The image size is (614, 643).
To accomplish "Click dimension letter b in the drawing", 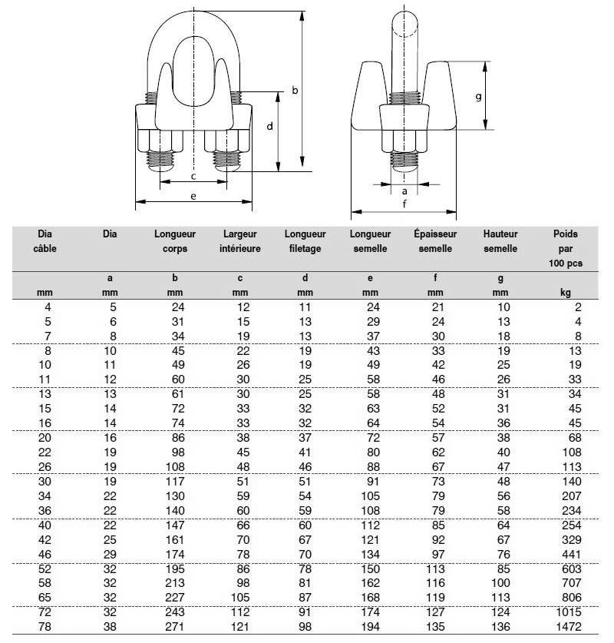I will coord(295,91).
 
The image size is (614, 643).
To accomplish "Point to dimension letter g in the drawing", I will coord(478,97).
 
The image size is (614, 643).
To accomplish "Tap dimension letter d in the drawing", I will coord(270,127).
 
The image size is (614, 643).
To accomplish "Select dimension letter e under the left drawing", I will coord(193,196).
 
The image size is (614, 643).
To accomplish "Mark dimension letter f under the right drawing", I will coord(404,204).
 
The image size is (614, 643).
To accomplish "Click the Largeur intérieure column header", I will coord(240,241).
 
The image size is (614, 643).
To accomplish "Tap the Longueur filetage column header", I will coord(305,241).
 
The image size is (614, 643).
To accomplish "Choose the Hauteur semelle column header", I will coord(500,241).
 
